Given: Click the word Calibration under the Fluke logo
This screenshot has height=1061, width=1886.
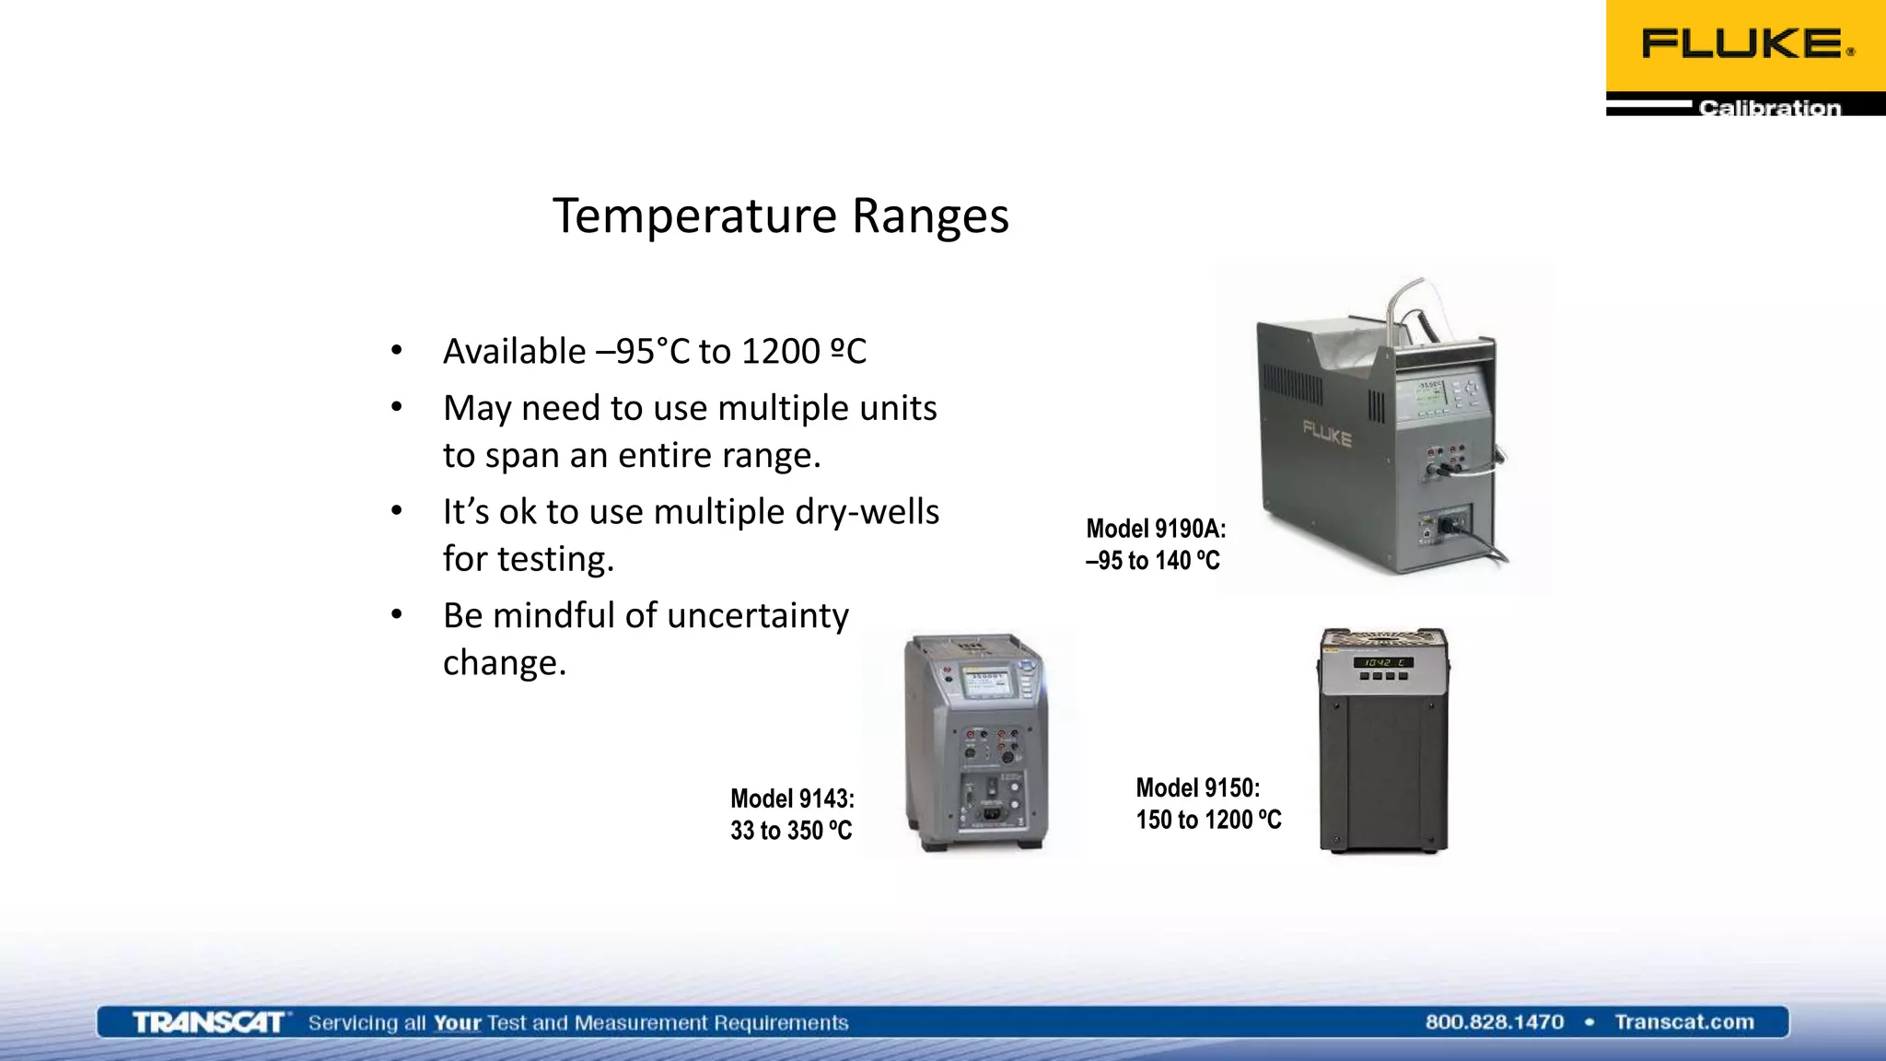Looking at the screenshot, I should (1769, 108).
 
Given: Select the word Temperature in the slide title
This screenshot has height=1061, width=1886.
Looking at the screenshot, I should (694, 216).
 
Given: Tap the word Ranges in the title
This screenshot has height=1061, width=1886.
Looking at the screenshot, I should (930, 216).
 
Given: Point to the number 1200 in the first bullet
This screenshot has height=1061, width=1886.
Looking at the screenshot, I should (780, 352).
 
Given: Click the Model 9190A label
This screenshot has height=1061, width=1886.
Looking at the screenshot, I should (1156, 529).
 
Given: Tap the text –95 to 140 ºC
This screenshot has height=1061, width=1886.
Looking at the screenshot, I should (1152, 561).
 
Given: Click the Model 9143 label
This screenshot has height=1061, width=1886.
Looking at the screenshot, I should (792, 799).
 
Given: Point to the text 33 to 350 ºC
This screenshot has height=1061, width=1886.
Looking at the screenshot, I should (791, 831).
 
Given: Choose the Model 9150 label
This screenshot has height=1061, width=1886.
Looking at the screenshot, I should (1197, 788).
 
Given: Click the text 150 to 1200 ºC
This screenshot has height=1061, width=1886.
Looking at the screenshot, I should (1208, 820).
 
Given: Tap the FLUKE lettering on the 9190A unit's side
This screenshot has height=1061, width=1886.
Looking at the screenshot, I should (1327, 433).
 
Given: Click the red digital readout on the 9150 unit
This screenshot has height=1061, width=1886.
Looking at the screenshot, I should (1382, 662).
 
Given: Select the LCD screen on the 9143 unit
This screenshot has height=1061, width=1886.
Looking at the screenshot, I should (985, 682).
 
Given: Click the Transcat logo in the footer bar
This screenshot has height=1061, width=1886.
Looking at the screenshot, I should (208, 1022).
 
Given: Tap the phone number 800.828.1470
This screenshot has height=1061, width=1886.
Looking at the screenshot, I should (1494, 1022).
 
